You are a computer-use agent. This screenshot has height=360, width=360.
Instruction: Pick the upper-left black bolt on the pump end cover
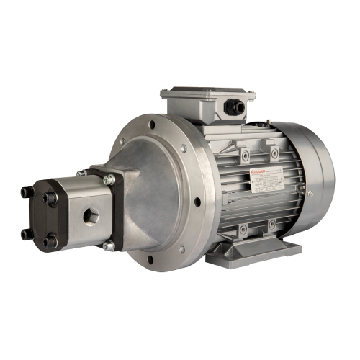25,192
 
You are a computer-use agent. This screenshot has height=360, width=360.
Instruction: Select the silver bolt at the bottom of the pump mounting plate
108,246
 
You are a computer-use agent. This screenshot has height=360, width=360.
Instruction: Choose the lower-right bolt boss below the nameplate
273,225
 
